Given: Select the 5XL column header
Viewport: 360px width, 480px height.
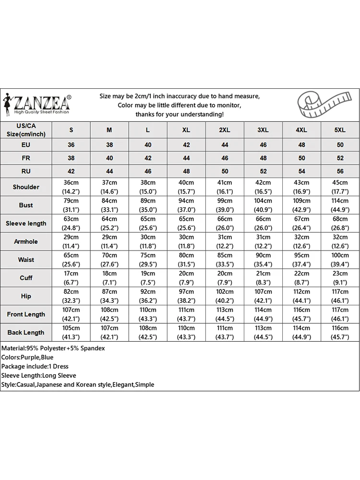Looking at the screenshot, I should (x=340, y=130).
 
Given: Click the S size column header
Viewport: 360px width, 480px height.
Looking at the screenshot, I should (x=71, y=130).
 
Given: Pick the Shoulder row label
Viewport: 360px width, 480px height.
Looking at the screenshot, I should (x=26, y=187).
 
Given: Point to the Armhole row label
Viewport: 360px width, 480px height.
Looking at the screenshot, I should (x=26, y=241).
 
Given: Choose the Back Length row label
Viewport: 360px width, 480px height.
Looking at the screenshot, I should (x=26, y=332).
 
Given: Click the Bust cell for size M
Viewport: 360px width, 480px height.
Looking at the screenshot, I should (x=109, y=205).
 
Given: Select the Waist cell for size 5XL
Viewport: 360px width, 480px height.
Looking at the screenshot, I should (x=340, y=260).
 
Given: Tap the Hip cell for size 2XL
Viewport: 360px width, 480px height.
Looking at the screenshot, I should (x=225, y=296).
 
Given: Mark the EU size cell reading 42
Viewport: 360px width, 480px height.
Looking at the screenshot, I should (x=186, y=144).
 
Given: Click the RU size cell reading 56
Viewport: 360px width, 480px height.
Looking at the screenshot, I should (x=340, y=171).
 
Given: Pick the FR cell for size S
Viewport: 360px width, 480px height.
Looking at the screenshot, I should (x=71, y=158).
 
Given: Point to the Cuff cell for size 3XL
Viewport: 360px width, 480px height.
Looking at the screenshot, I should (x=263, y=278).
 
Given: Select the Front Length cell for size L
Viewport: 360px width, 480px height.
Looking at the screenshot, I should (x=148, y=314).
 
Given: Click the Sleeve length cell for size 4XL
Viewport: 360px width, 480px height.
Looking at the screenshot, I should (x=301, y=223).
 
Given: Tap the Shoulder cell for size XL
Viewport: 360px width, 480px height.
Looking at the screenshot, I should (x=186, y=187).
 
